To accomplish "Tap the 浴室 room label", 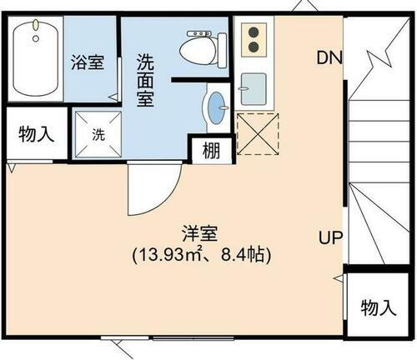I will point(88,62).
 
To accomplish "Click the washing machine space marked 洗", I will point(98,133).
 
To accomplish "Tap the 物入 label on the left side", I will point(33,134).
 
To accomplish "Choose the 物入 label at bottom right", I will point(378,307).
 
